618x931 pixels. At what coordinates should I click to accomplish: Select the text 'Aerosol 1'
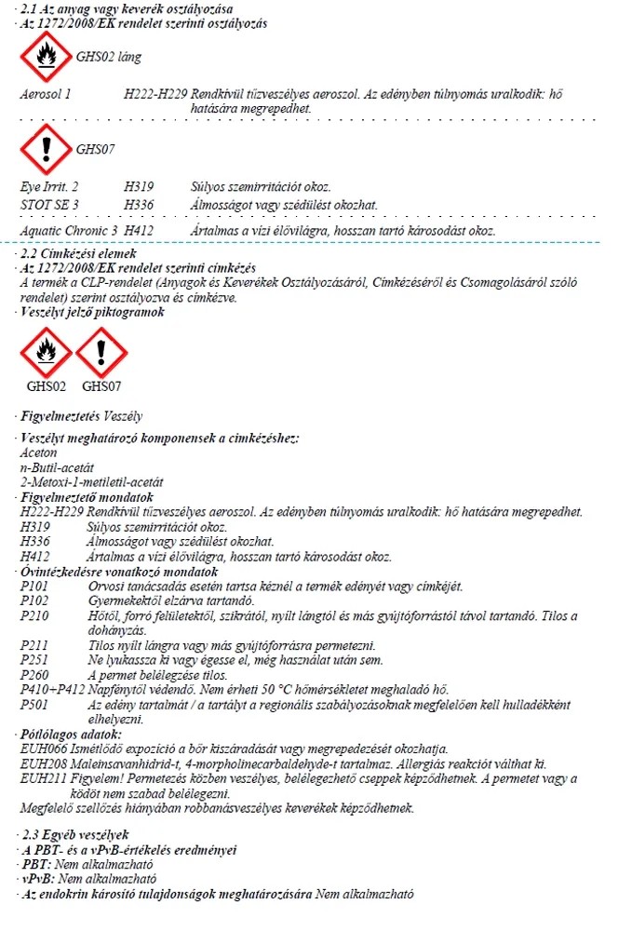pos(45,94)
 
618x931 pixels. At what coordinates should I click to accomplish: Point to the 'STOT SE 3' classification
pos(49,204)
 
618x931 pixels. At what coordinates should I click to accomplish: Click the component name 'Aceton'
pos(38,453)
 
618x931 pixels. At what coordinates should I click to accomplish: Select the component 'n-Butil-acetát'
pos(57,467)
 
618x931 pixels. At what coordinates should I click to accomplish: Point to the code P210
pos(34,615)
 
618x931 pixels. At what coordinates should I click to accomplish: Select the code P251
pos(34,660)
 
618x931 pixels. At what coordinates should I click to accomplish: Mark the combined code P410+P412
pos(52,689)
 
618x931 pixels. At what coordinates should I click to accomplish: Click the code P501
pos(34,705)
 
